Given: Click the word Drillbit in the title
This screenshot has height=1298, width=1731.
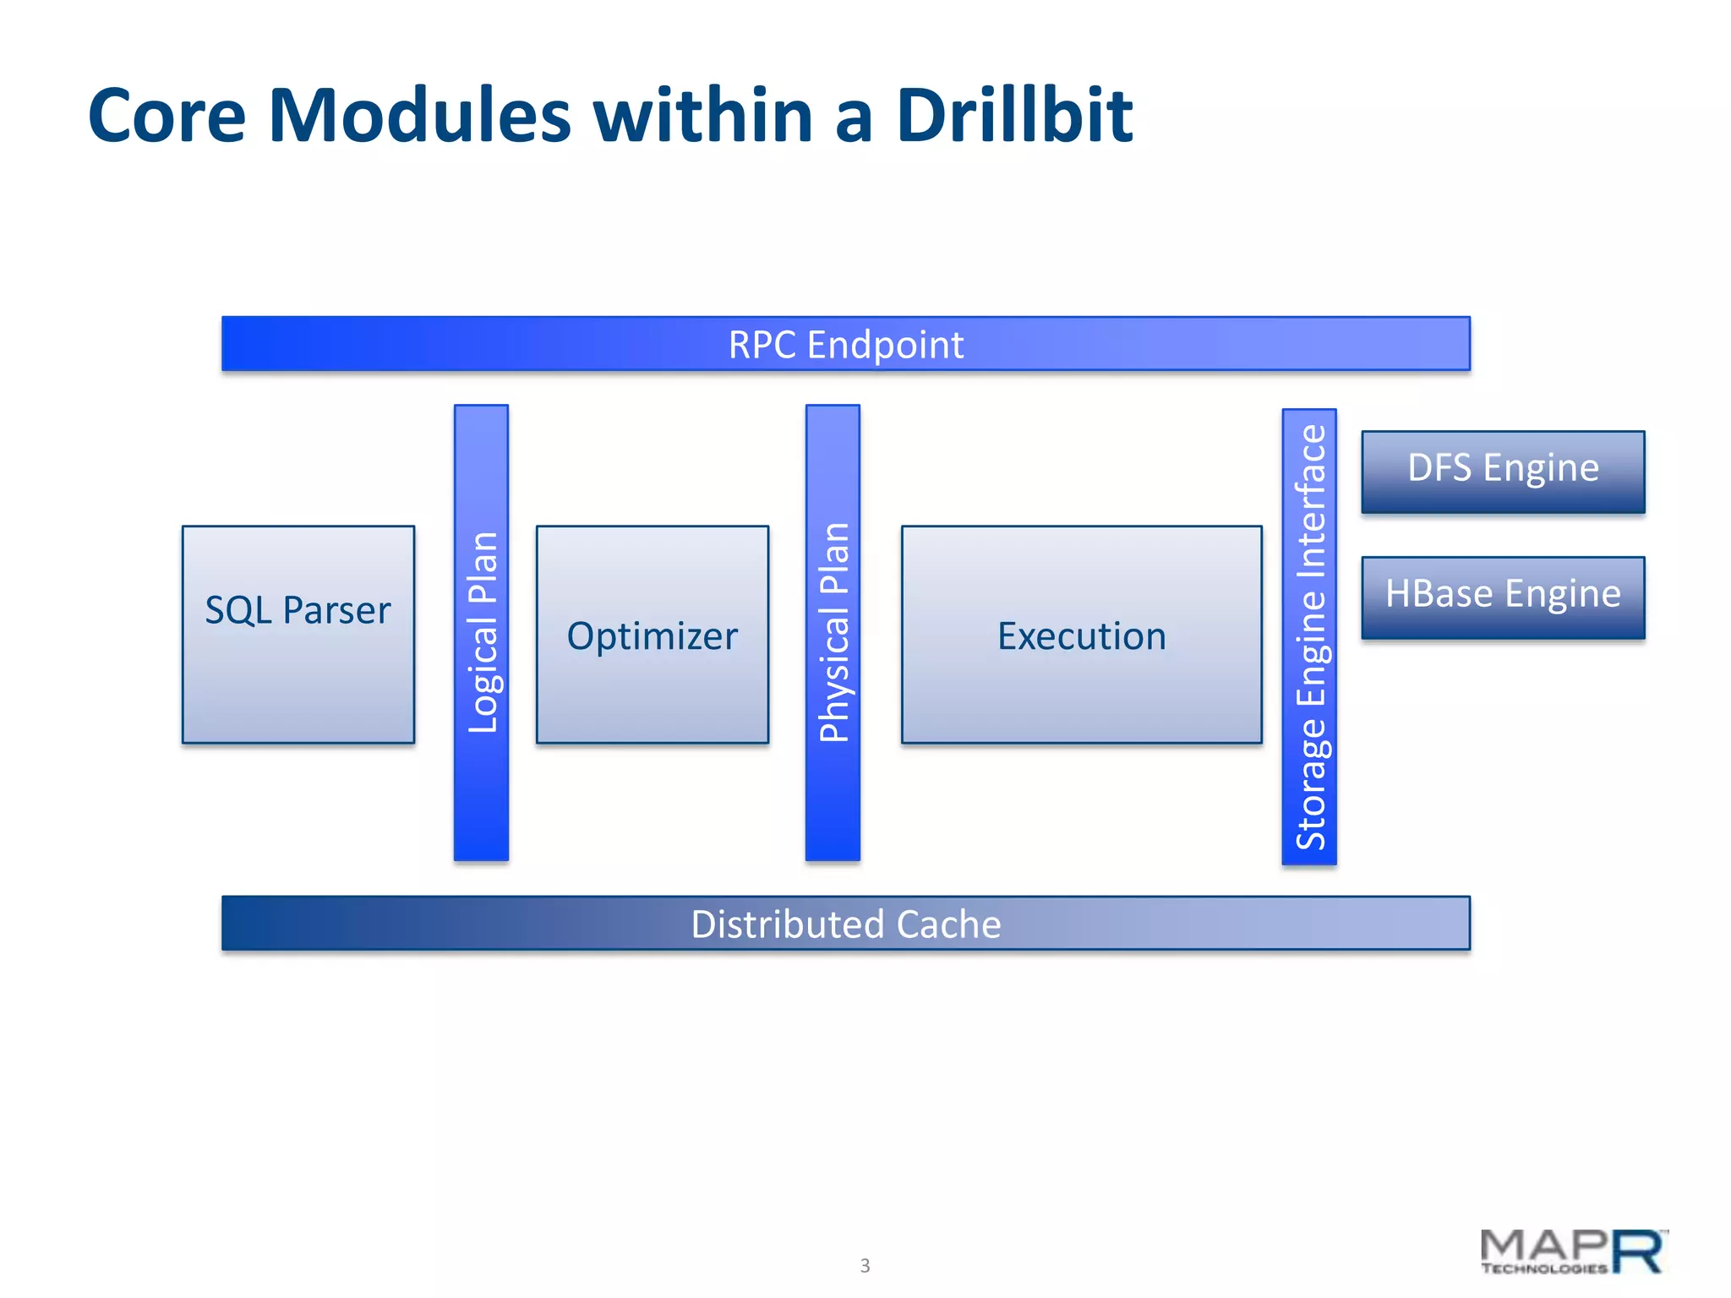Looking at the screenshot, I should point(1013,116).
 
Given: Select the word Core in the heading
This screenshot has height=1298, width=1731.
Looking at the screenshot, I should point(167,116).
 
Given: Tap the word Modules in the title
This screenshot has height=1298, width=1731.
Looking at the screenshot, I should point(420,116).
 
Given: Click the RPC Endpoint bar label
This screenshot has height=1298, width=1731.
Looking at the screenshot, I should point(845,345).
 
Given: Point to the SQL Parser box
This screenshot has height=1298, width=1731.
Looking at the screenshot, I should point(298,634).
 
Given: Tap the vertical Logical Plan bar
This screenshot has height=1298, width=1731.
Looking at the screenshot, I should point(482,632).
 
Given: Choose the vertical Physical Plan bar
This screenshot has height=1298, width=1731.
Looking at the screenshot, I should point(833,632).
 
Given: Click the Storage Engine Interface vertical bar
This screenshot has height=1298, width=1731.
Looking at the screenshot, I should point(1309,636).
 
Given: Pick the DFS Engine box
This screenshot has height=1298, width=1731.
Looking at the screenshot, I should point(1503,470).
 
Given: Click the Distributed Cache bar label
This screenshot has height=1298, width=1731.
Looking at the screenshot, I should point(845,924).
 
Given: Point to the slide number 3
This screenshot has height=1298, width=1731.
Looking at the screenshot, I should point(865,1265).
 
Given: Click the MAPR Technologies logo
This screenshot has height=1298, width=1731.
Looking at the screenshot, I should point(1572,1252).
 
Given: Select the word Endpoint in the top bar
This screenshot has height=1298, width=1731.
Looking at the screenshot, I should point(885,345).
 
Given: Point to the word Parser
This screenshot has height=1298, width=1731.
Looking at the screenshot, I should point(336,610).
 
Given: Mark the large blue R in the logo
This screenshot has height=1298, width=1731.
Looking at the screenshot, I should point(1638,1252).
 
